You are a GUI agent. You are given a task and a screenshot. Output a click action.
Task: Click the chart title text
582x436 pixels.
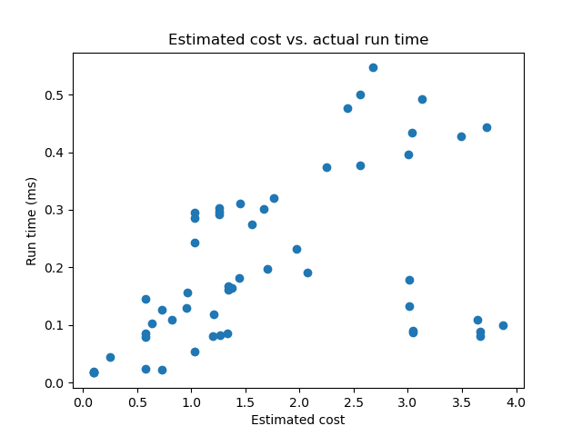(x=298, y=40)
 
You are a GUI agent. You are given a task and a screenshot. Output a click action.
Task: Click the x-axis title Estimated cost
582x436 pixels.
(x=298, y=420)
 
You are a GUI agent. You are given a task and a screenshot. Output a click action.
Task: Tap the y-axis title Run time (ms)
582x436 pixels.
(x=32, y=221)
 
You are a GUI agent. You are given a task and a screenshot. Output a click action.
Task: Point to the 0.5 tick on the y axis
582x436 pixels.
(x=55, y=95)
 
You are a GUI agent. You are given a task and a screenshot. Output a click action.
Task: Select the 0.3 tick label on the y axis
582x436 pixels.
(x=55, y=211)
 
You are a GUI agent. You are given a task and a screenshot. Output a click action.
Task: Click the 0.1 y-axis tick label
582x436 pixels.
(x=55, y=325)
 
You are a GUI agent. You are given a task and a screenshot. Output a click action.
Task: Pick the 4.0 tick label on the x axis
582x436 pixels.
(x=517, y=401)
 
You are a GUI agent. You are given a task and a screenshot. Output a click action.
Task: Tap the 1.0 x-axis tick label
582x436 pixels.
(x=191, y=401)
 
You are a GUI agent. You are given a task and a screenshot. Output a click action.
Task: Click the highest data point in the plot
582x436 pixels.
(x=373, y=67)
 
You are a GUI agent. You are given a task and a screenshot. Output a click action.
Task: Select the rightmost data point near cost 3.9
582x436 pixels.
(x=503, y=325)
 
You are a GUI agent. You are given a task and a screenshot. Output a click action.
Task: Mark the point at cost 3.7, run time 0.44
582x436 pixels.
(x=487, y=127)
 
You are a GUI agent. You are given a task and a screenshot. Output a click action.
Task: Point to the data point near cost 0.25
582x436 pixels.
(x=110, y=357)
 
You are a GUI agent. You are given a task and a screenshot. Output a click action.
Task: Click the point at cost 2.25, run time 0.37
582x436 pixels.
(x=326, y=167)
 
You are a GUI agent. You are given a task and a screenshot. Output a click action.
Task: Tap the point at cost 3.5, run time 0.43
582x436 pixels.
(x=461, y=136)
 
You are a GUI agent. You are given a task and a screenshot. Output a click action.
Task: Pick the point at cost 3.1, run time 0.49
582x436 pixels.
(x=422, y=99)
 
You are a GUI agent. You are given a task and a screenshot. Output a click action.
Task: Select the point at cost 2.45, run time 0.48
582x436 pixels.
(x=347, y=108)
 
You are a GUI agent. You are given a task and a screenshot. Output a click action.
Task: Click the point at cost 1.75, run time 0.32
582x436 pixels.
(x=274, y=198)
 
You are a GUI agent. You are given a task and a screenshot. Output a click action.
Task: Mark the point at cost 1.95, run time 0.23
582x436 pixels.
(x=296, y=249)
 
